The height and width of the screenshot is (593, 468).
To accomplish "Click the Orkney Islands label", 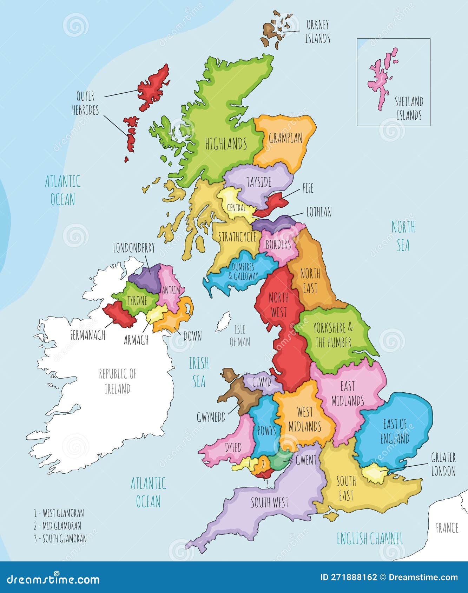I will click(x=317, y=32).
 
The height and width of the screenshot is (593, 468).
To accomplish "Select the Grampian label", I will click(x=286, y=138).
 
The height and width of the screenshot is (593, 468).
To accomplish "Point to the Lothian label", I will click(x=319, y=212).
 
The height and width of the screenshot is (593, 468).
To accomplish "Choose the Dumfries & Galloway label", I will click(x=243, y=271).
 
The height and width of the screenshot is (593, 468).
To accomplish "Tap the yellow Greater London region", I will click(x=374, y=473).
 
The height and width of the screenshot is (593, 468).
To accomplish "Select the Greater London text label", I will click(x=443, y=464).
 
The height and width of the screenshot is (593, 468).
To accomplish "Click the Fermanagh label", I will click(x=87, y=335).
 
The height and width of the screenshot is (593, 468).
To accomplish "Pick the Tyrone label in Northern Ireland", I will click(x=137, y=301).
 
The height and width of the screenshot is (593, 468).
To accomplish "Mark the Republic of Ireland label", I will click(x=117, y=381).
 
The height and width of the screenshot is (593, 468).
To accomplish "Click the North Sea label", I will click(x=403, y=236).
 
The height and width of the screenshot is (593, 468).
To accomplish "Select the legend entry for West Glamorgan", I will click(x=59, y=513).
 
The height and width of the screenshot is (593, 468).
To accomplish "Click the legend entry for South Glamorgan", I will click(x=60, y=539).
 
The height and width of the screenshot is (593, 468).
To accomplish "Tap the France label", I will click(x=447, y=528).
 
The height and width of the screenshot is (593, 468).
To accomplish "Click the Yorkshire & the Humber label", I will click(x=333, y=335).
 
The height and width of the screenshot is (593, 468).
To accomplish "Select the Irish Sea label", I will click(x=199, y=372).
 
